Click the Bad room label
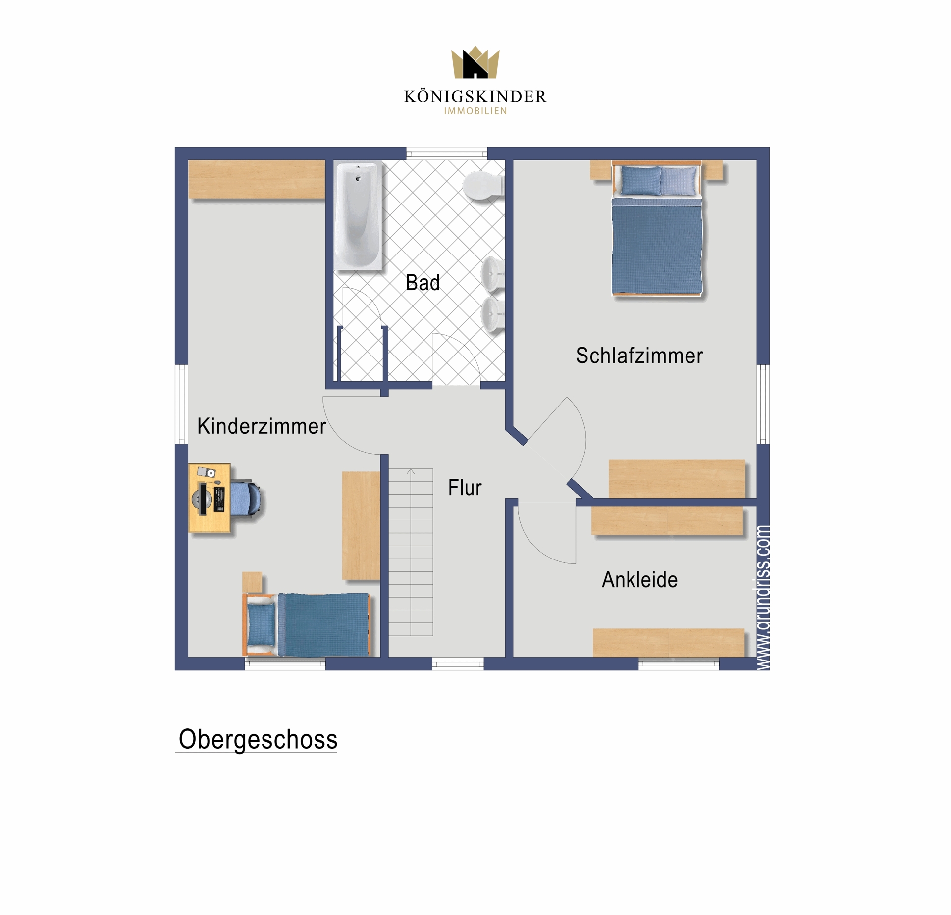click(423, 283)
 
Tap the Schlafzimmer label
click(639, 356)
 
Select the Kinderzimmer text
click(262, 426)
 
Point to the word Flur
click(465, 488)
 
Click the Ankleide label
click(639, 580)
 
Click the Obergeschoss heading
click(258, 739)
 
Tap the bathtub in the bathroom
click(358, 215)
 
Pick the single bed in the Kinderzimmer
click(307, 624)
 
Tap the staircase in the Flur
click(411, 552)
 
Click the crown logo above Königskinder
click(475, 62)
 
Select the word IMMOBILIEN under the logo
click(475, 111)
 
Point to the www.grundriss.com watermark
click(763, 597)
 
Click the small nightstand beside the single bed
click(252, 582)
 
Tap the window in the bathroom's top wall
click(447, 154)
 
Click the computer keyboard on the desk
click(219, 499)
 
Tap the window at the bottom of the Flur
click(458, 664)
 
